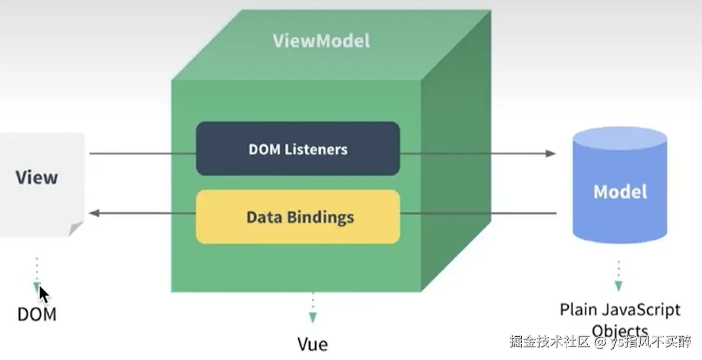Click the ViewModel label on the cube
[x=321, y=41]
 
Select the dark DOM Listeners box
[x=298, y=149]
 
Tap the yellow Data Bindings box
[x=298, y=217]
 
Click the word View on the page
[x=37, y=178]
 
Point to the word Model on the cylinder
[x=620, y=192]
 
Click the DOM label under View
[x=37, y=314]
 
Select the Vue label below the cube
[x=312, y=344]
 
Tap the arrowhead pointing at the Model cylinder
[x=550, y=153]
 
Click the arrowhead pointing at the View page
[x=95, y=213]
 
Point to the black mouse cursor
[x=43, y=294]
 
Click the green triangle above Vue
[x=312, y=317]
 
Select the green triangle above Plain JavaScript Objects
[x=618, y=286]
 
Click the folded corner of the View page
[x=75, y=228]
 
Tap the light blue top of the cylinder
[x=620, y=138]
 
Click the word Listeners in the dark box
[x=316, y=149]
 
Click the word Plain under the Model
[x=578, y=310]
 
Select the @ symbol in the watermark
[x=600, y=342]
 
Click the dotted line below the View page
[x=37, y=270]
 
